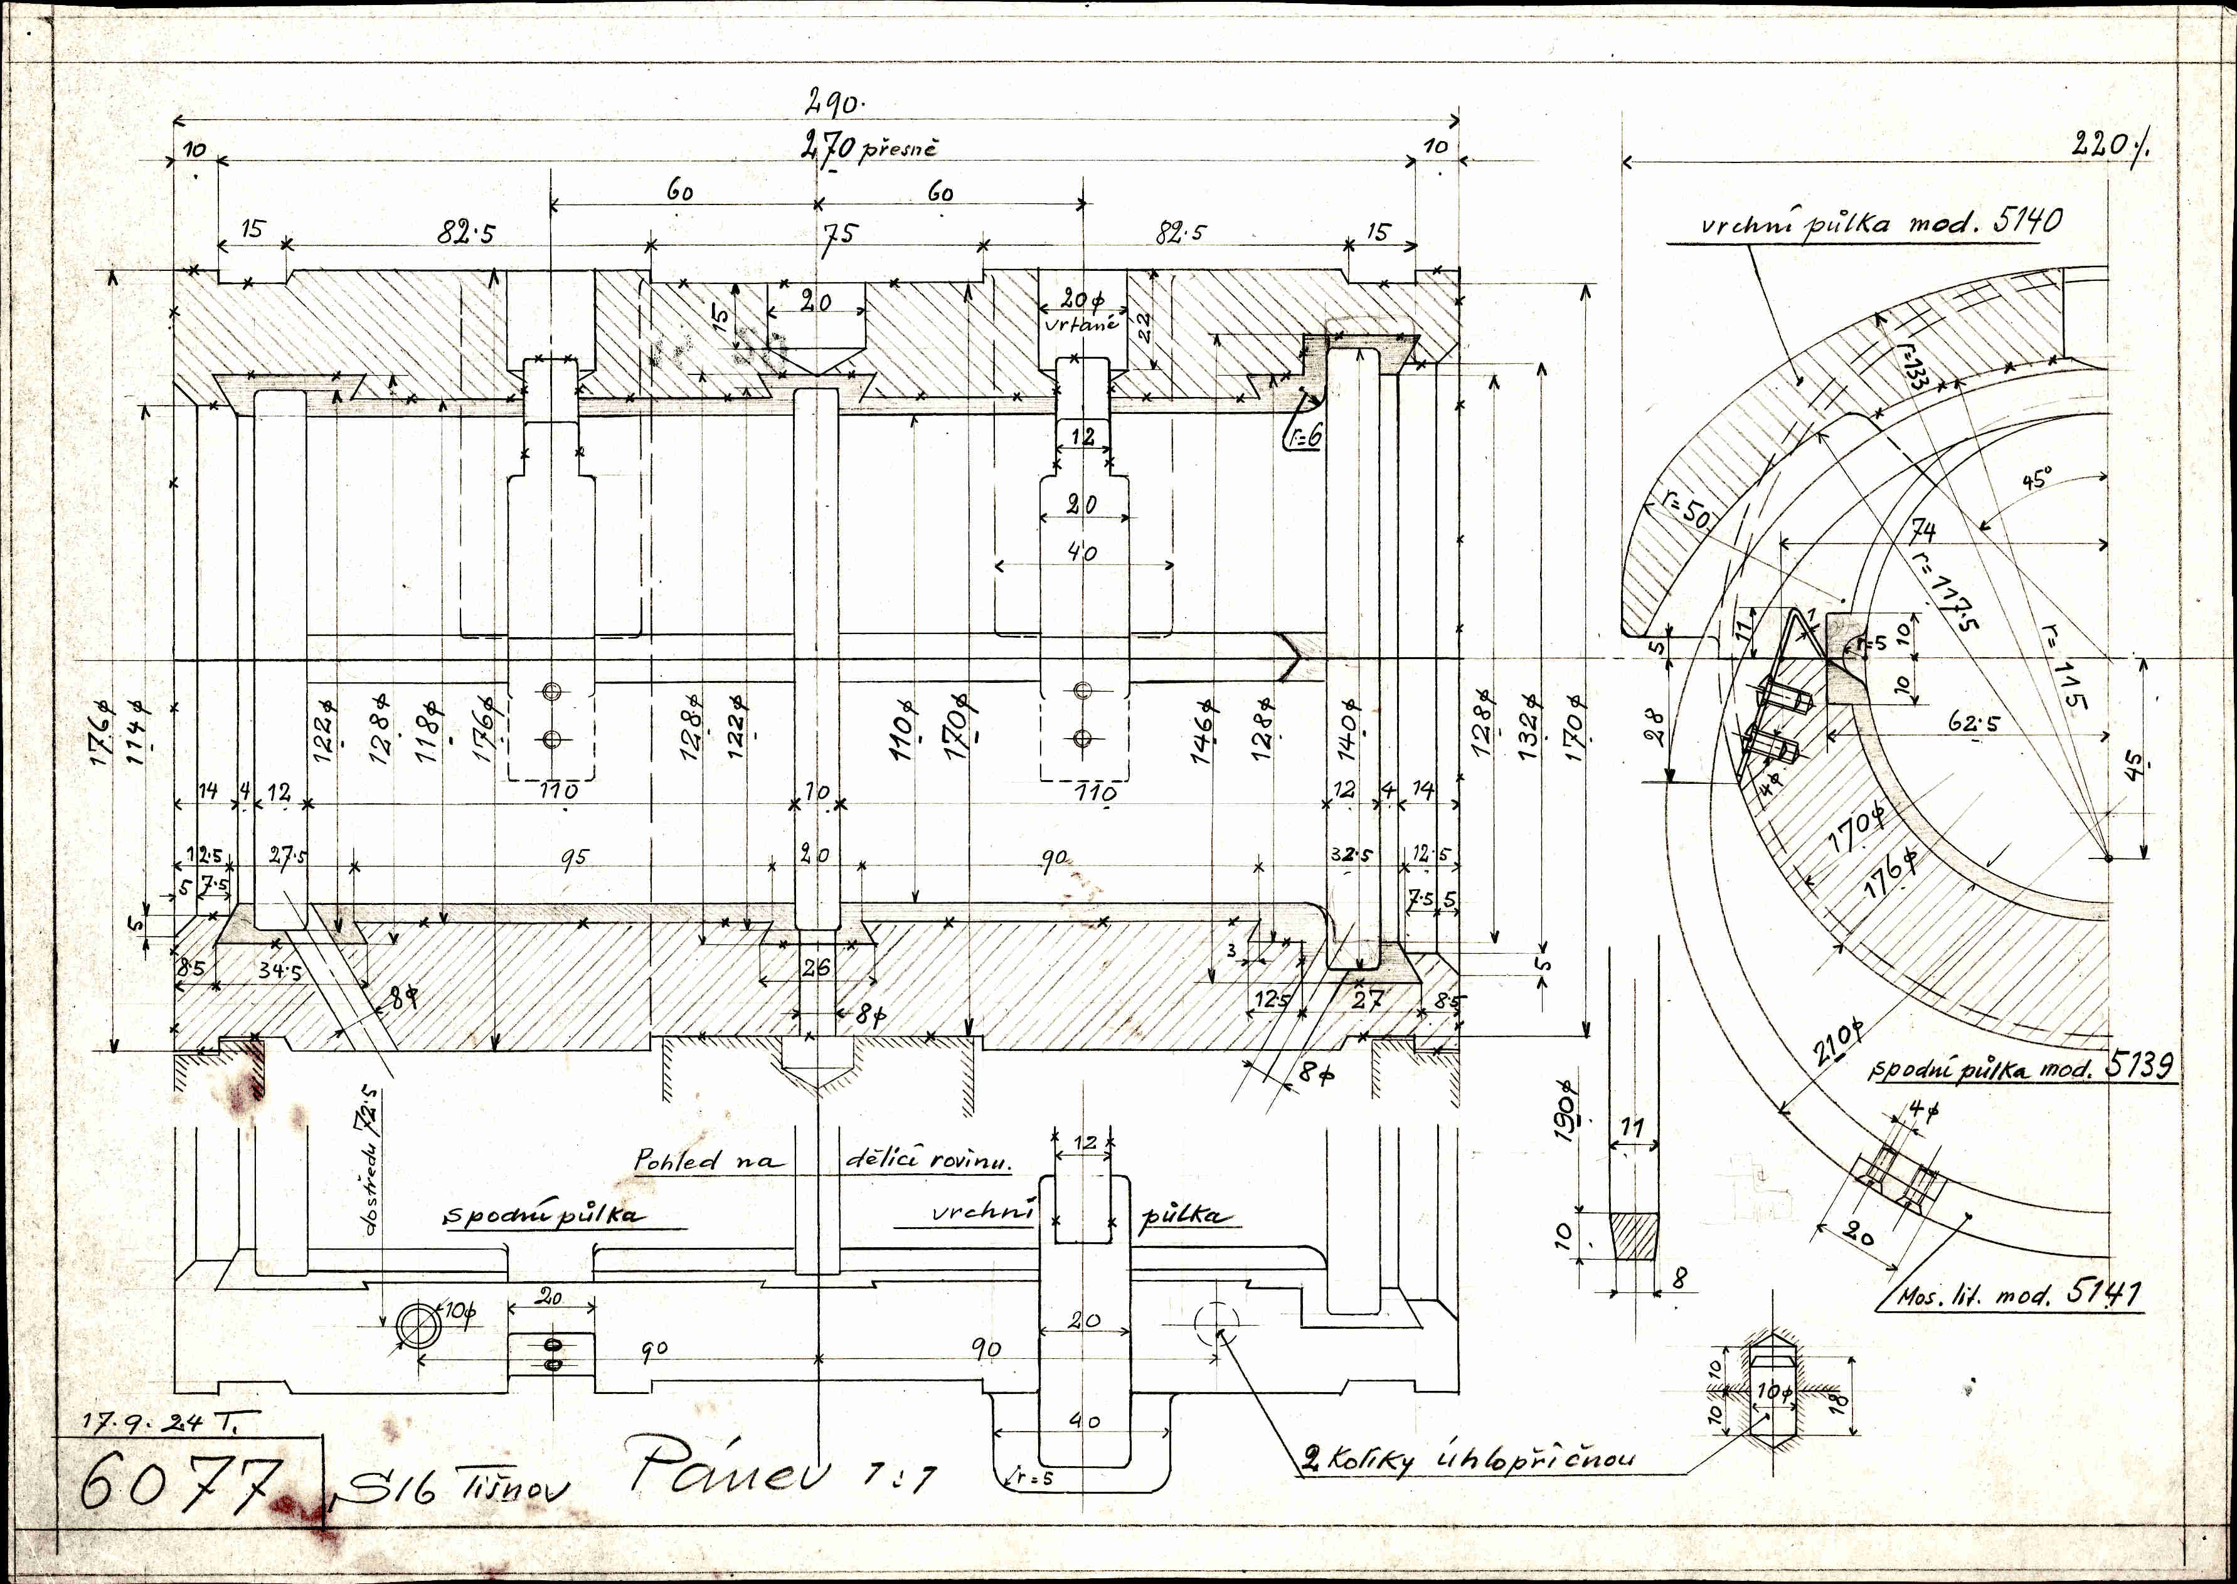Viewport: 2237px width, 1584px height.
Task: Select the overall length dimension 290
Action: [835, 100]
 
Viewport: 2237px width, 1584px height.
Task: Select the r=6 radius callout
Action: [1302, 436]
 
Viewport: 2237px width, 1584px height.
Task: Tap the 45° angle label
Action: [2036, 480]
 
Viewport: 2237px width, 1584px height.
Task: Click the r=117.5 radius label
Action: [1943, 590]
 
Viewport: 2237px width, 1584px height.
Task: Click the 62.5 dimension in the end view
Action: [1973, 724]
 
